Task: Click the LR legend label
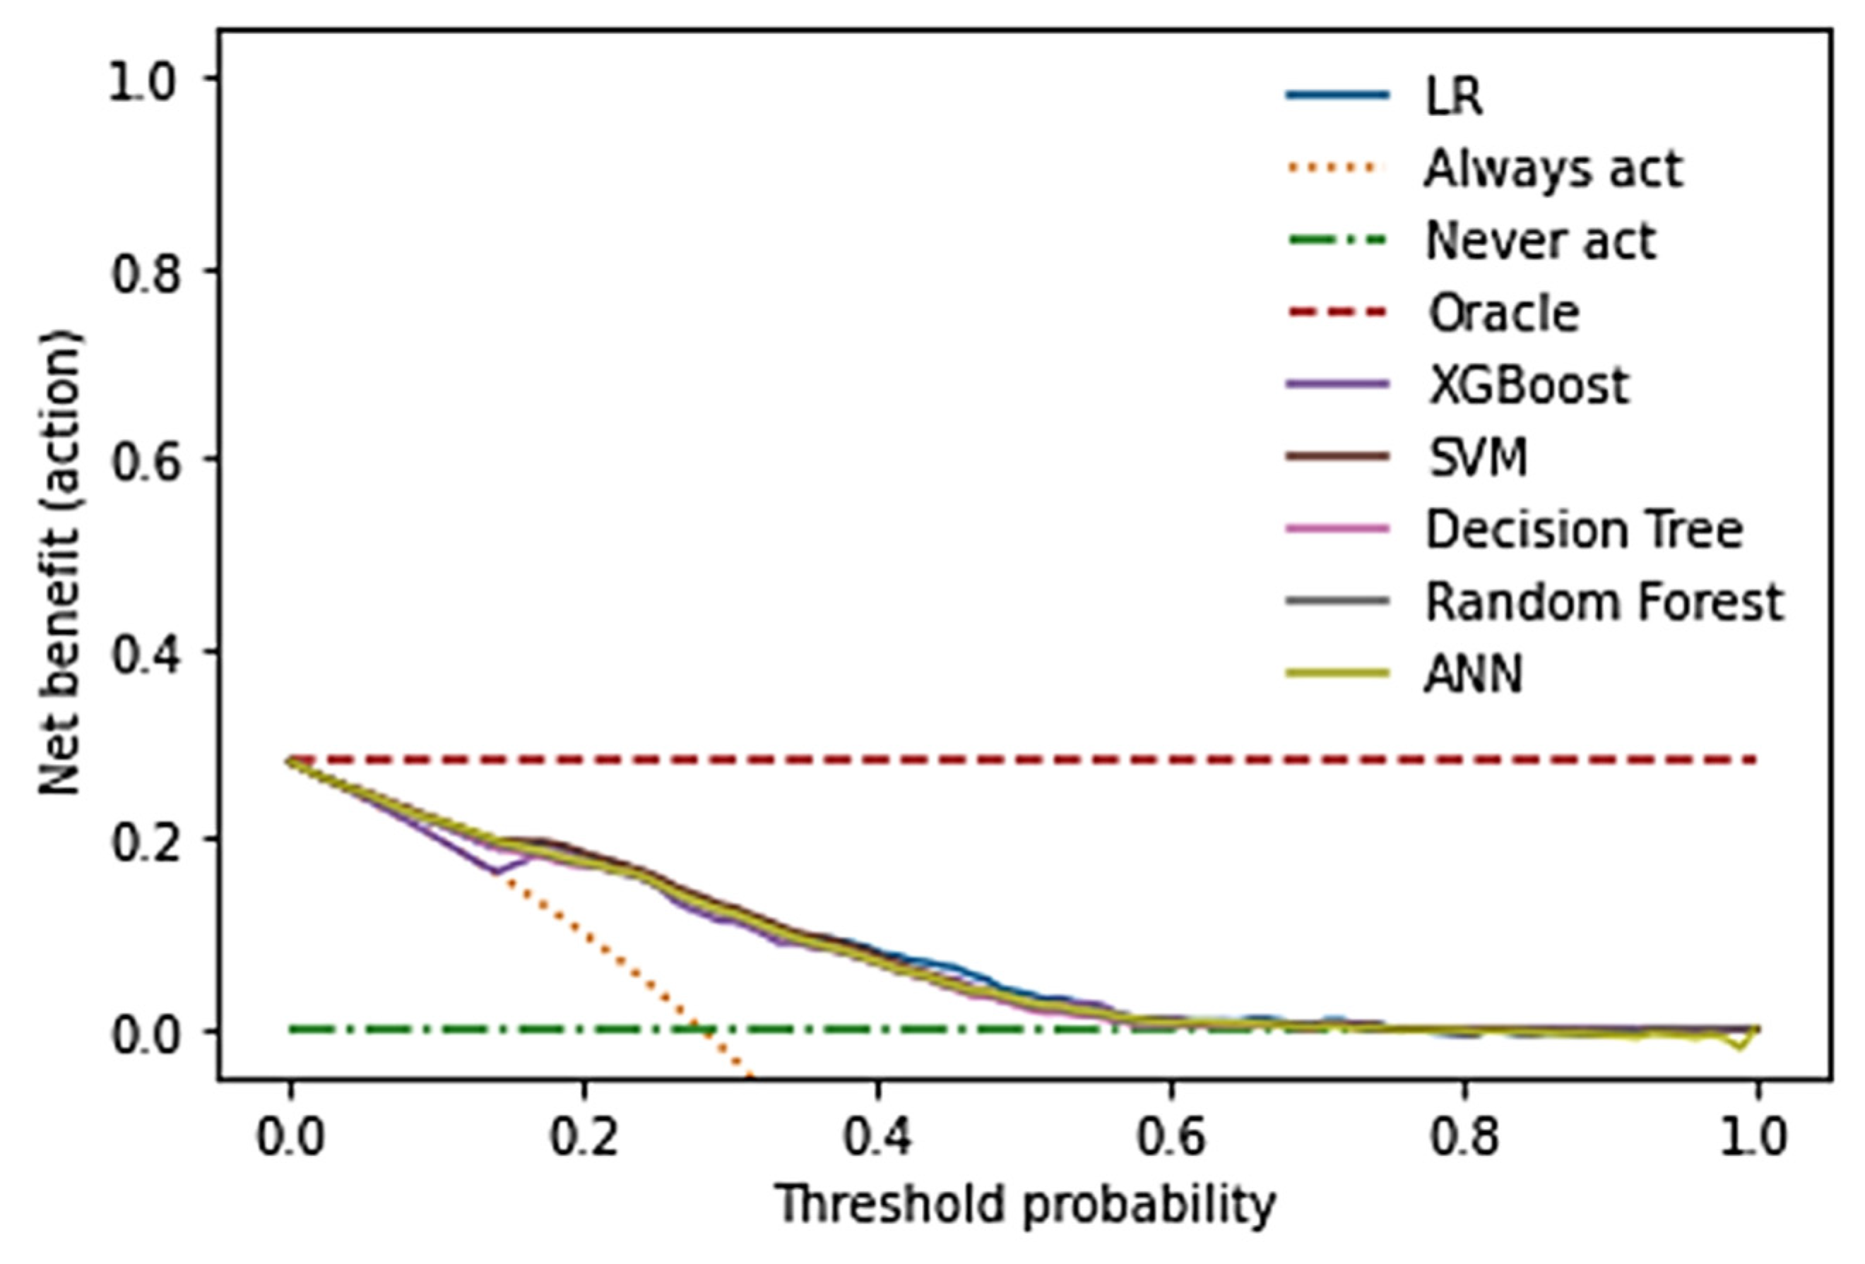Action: click(1453, 96)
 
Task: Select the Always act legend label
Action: click(1552, 169)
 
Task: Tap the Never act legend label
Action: click(1540, 241)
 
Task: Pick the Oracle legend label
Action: click(1503, 314)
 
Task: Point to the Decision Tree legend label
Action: click(1584, 530)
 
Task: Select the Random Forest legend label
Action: click(1604, 602)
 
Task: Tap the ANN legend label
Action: click(1473, 674)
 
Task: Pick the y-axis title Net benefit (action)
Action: click(60, 561)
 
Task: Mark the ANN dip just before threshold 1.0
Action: click(1739, 1047)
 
